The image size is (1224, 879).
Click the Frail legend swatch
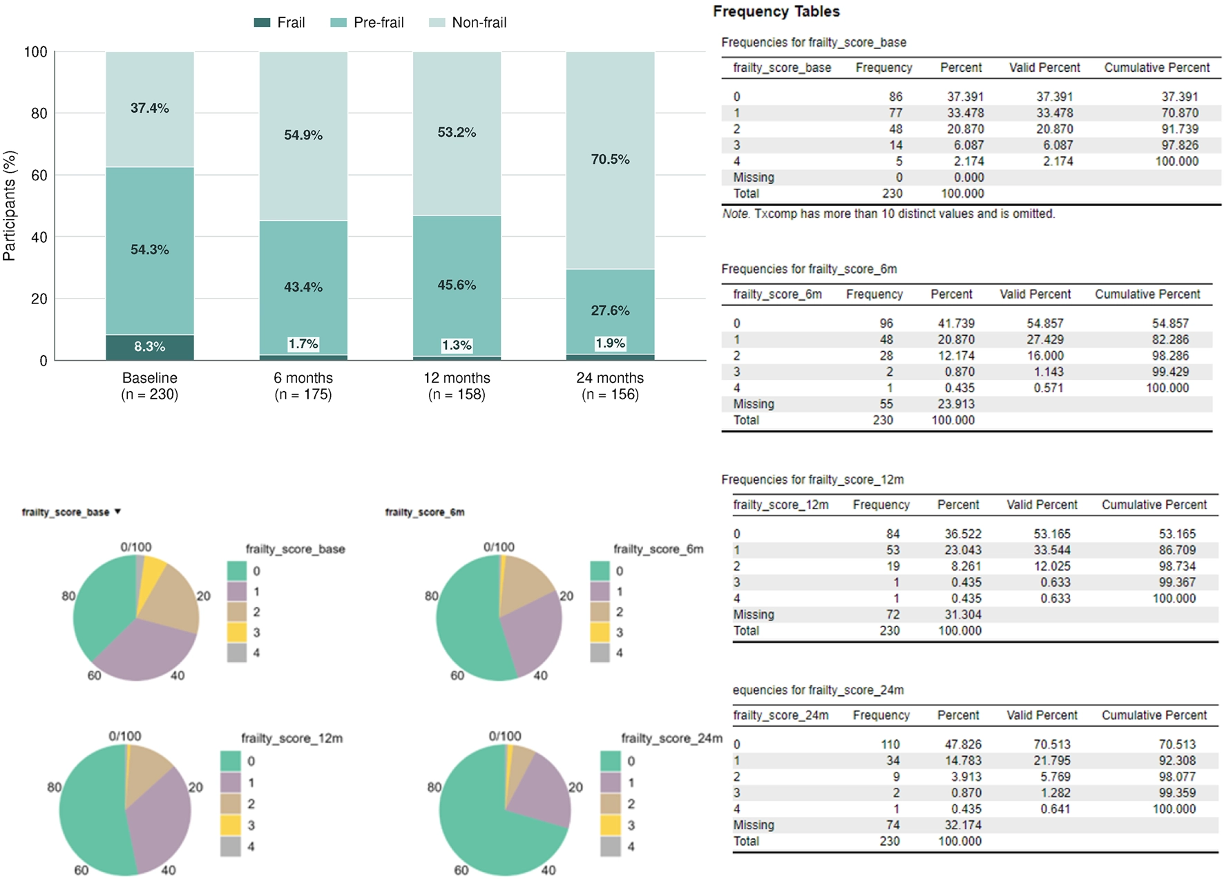click(262, 23)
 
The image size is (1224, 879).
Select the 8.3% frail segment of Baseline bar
click(150, 348)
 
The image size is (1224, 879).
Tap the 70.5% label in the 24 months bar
click(610, 160)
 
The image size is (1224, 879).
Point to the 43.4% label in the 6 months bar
click(303, 287)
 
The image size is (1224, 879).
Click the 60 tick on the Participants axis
click(39, 175)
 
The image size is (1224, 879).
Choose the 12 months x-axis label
click(457, 378)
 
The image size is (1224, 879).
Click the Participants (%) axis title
click(9, 206)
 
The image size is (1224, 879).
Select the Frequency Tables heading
click(776, 12)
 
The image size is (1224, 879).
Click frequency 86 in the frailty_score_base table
click(895, 97)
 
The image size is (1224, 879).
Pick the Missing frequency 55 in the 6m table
click(886, 404)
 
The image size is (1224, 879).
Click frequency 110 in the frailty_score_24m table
click(890, 744)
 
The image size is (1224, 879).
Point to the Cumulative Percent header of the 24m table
click(1154, 715)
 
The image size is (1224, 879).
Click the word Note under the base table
click(736, 214)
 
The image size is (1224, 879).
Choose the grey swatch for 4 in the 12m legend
click(231, 847)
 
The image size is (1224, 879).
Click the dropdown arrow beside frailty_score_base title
click(118, 511)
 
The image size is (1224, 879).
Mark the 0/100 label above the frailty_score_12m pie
click(125, 736)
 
